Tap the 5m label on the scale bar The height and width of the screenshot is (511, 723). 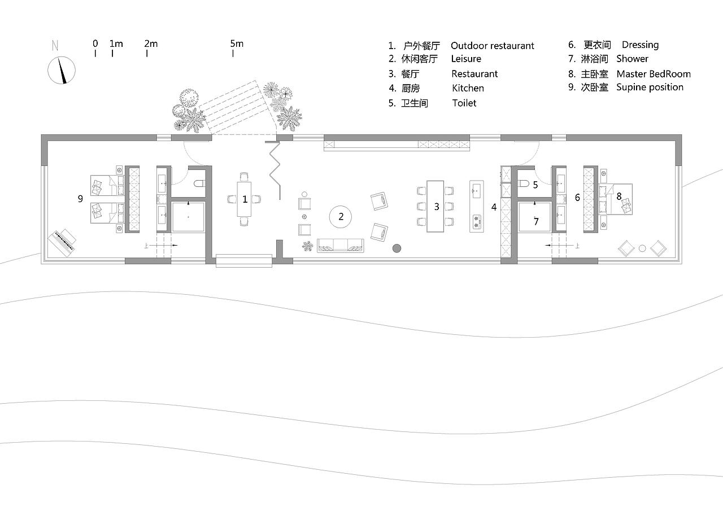237,43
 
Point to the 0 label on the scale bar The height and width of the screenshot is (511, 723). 95,43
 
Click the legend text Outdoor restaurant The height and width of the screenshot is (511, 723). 492,46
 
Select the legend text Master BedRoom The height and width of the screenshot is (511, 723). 653,74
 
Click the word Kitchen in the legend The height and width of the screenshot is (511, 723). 468,88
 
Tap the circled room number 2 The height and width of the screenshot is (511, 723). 341,216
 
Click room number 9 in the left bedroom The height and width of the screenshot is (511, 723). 81,199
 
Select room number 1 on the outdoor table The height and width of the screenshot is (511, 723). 245,199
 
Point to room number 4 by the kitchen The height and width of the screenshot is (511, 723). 494,207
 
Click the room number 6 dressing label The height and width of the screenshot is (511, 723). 577,198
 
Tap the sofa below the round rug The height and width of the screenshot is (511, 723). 339,245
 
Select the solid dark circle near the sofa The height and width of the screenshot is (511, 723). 397,247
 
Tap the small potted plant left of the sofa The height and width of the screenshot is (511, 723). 307,246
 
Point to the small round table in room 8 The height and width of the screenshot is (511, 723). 642,247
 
